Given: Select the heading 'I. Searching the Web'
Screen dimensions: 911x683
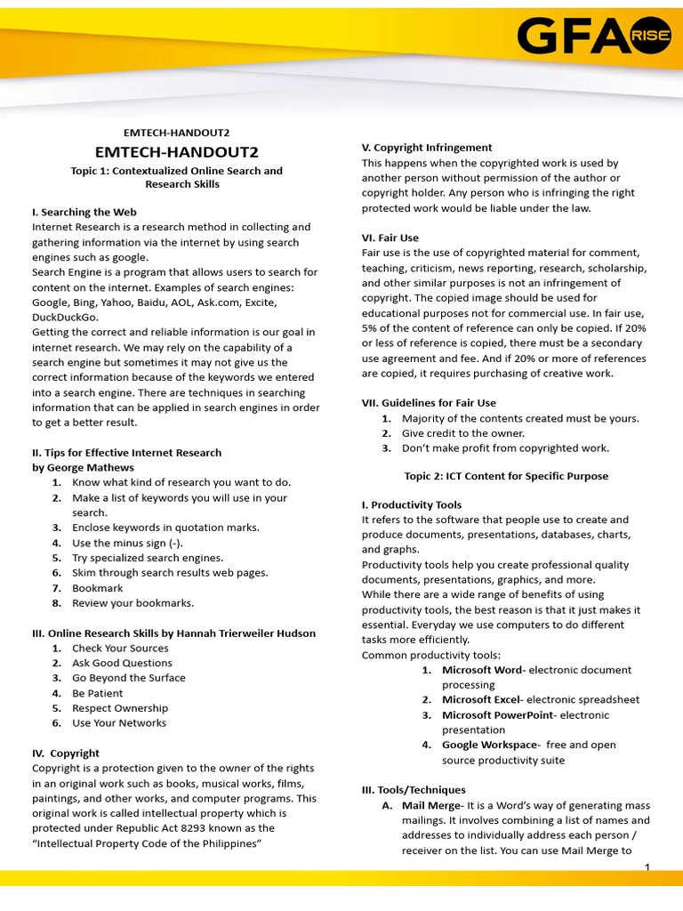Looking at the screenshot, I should click(84, 212).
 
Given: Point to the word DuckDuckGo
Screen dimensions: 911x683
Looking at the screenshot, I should click(66, 317).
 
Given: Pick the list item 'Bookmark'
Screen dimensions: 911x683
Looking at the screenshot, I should click(98, 588).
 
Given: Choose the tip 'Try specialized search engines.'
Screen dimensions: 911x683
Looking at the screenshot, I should click(148, 558).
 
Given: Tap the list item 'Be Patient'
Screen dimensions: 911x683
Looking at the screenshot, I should click(98, 693).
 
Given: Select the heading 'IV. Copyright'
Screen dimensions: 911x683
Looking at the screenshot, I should click(66, 753).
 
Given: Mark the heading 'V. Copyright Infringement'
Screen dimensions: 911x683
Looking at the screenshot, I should click(427, 148).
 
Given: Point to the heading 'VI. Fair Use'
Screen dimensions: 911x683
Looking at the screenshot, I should click(390, 238).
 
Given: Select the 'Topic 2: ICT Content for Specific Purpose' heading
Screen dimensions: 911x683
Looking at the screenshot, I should click(506, 476).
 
